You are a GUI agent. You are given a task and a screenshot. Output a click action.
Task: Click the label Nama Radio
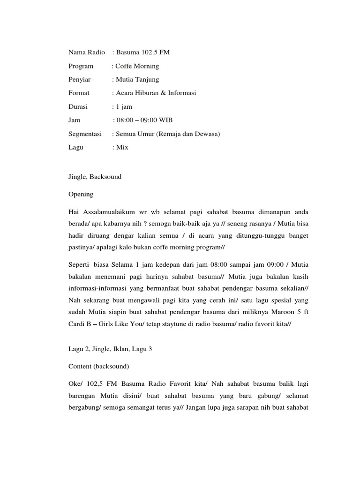86,52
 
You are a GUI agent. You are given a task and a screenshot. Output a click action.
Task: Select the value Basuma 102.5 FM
142,52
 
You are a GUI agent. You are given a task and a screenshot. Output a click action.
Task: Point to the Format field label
79,93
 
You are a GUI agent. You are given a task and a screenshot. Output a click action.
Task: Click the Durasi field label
78,107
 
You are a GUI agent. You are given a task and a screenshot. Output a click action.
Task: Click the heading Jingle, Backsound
95,177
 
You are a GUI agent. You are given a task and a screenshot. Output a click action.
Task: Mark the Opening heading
81,194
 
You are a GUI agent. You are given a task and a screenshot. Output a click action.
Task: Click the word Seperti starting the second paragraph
79,264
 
